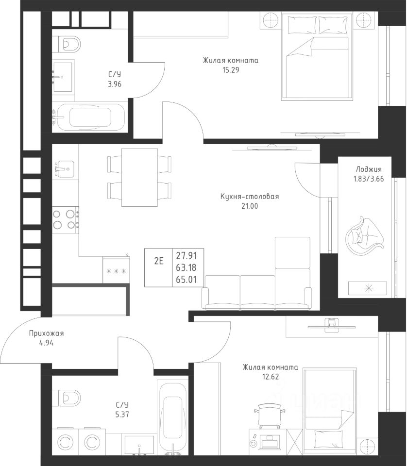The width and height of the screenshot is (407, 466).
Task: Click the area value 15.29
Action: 231,70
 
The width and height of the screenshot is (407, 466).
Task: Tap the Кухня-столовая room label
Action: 250,197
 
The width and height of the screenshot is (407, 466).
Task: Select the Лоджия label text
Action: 369,169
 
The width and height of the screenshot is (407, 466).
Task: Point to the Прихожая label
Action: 46,333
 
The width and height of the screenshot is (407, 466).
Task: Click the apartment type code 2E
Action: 159,261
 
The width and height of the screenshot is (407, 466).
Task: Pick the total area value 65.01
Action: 186,280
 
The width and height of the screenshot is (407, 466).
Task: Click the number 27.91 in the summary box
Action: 186,256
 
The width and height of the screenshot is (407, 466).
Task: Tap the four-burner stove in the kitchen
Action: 66,220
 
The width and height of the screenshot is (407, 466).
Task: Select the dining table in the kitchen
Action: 139,177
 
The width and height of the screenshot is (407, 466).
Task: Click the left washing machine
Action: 65,442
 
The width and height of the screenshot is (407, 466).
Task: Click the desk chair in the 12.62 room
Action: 269,416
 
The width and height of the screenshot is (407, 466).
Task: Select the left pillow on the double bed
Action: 302,25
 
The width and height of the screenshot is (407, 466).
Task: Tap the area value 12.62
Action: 271,377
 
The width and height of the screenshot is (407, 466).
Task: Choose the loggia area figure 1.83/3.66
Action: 369,179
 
